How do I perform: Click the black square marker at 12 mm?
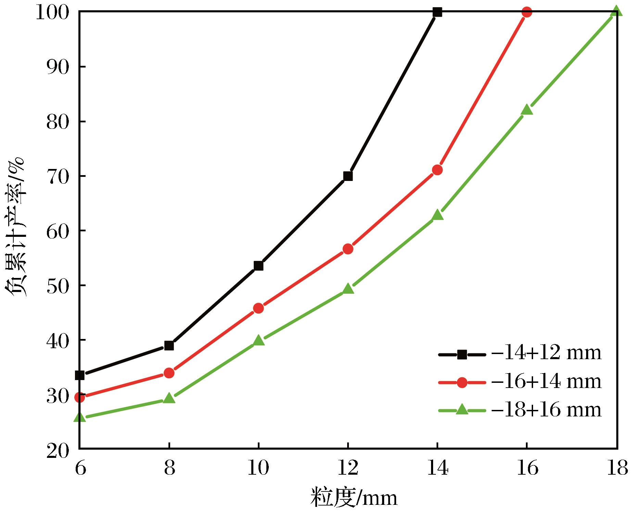coord(348,176)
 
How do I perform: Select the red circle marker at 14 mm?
coord(437,170)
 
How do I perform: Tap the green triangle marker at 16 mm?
coord(527,110)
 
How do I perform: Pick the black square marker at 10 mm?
coord(258,266)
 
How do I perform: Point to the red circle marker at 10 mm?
coord(258,308)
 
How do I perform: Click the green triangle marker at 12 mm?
coord(348,289)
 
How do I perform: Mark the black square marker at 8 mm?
coord(169,345)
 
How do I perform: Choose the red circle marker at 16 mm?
coord(527,12)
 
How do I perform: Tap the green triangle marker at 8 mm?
coord(169,398)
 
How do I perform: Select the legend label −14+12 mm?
coord(546,353)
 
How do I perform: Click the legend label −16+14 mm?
coord(546,381)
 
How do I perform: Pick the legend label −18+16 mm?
coord(546,410)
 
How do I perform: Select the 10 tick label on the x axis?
coord(258,468)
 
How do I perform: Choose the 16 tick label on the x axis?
coord(527,468)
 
